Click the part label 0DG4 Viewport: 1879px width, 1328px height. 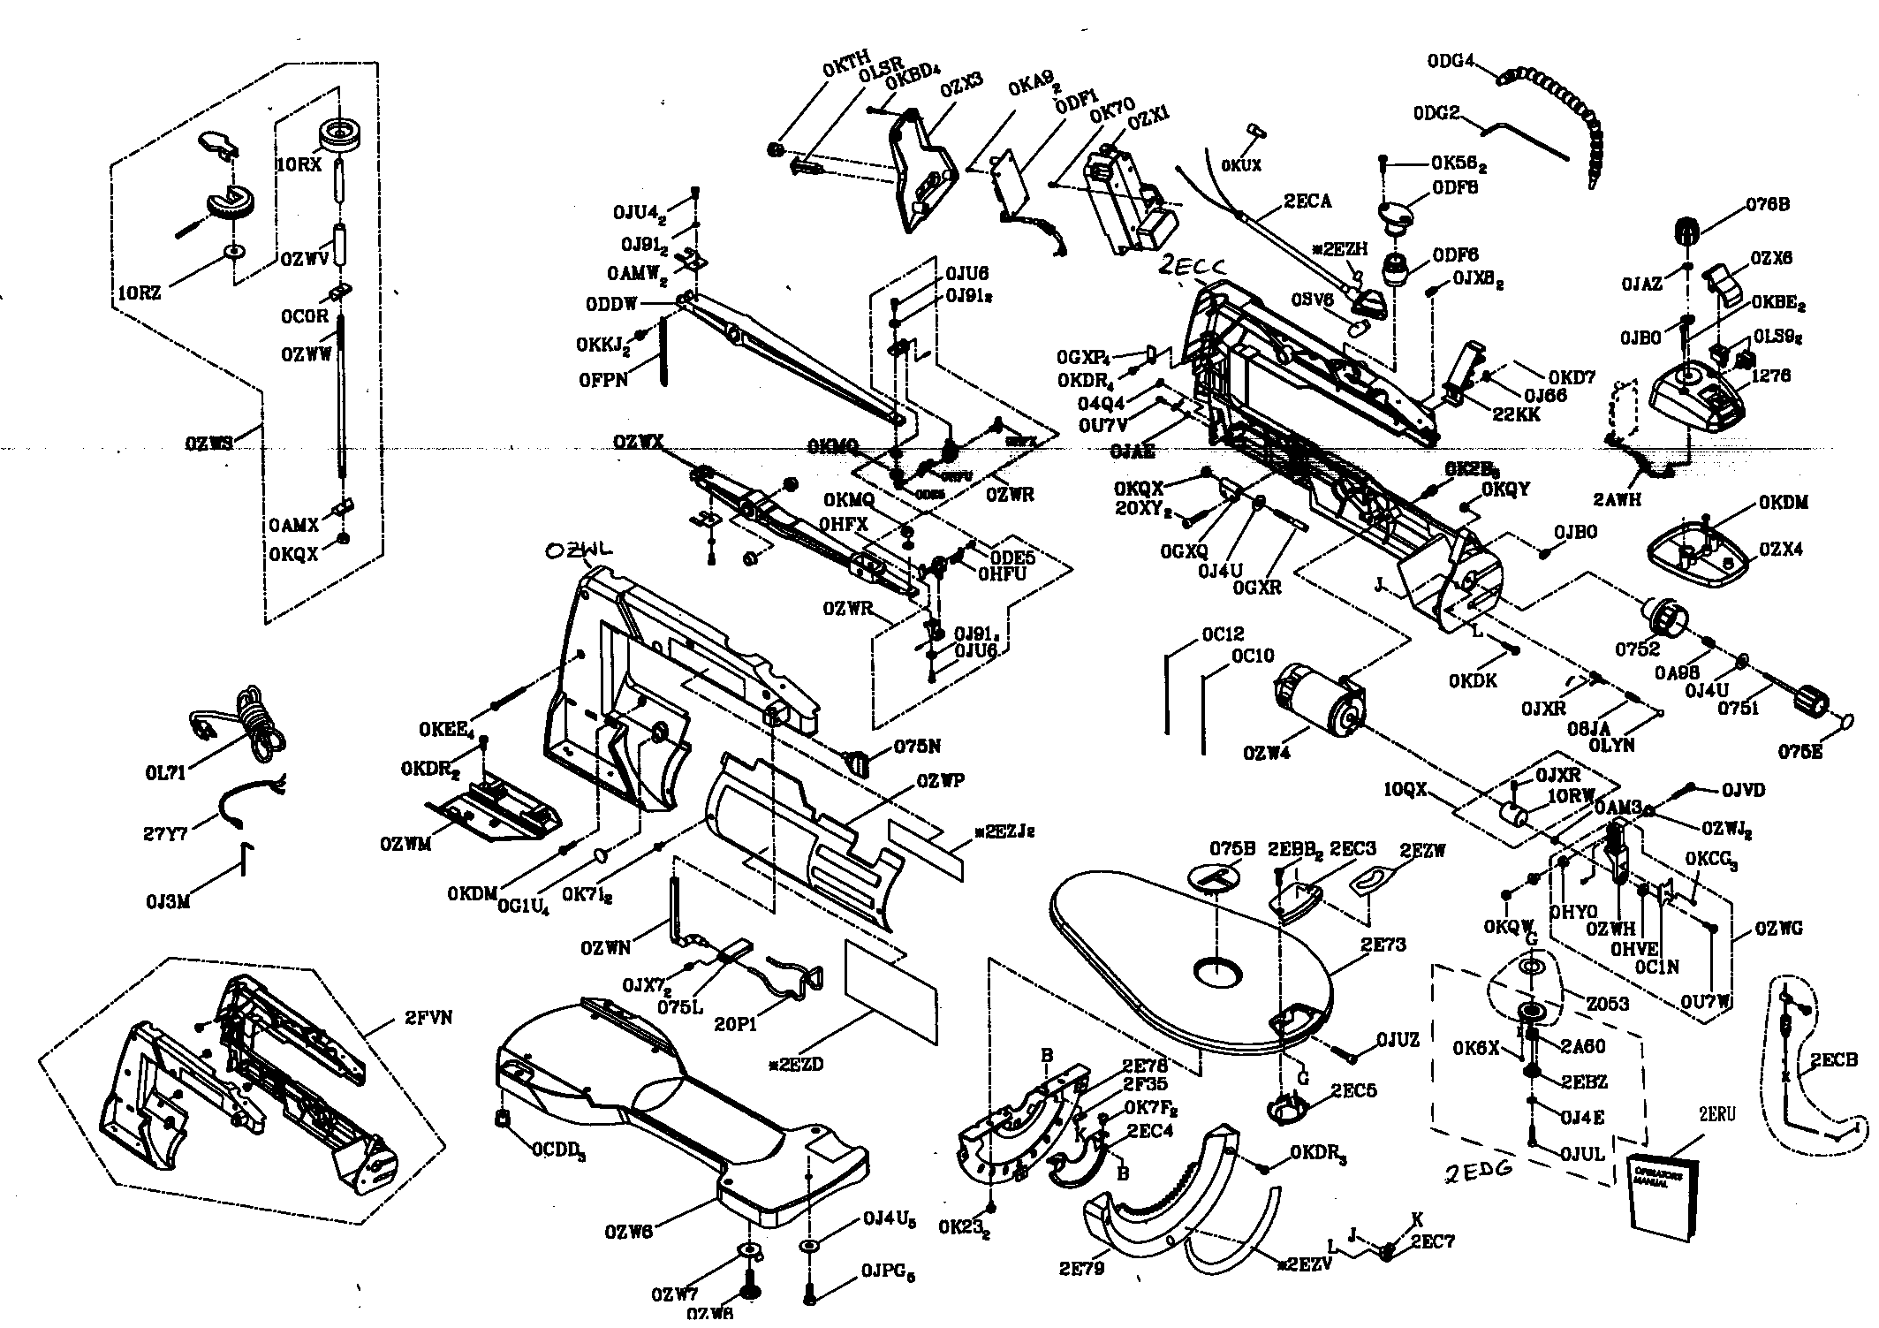pos(1451,61)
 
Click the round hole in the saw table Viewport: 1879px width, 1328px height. pos(1218,972)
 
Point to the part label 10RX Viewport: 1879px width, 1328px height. pos(299,165)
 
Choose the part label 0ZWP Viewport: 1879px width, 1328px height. pos(940,780)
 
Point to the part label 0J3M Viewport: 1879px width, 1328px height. pos(169,902)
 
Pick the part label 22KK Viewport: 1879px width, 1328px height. pos(1517,414)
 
